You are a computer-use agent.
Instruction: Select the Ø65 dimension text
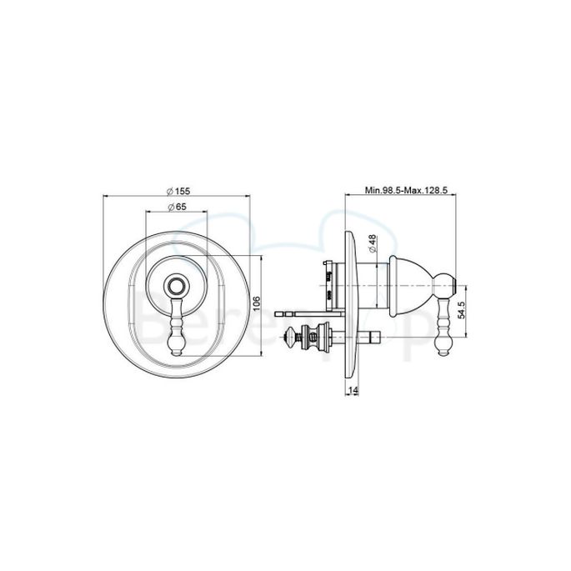(x=176, y=206)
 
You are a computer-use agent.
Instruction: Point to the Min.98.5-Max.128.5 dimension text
(x=407, y=190)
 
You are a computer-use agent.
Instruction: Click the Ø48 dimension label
(x=373, y=243)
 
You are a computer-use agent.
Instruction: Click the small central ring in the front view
(x=176, y=284)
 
